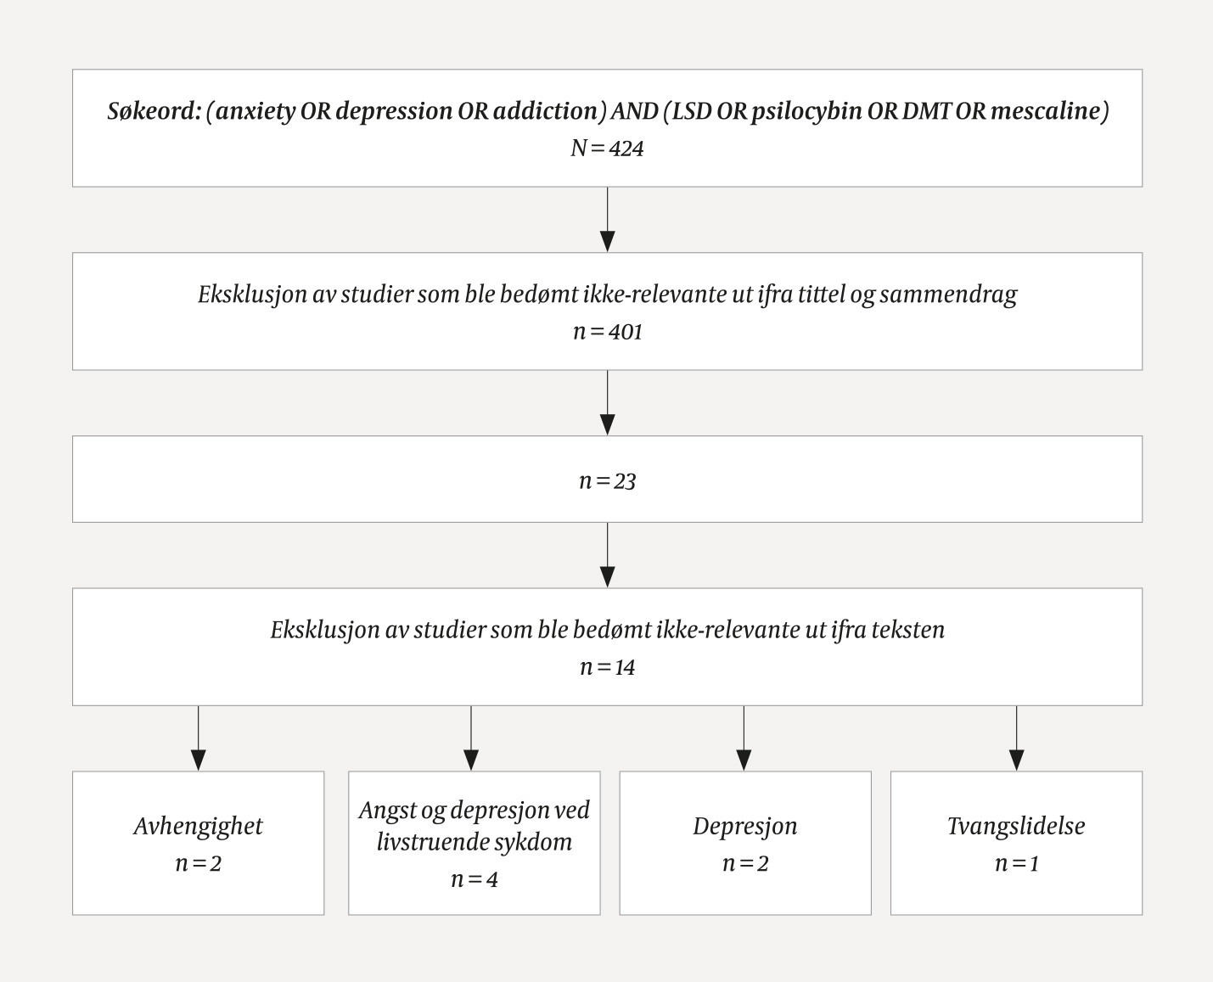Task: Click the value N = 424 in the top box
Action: [607, 149]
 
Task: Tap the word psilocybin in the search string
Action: [806, 112]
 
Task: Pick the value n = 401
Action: [607, 331]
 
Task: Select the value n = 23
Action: [607, 481]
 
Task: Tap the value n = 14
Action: [607, 667]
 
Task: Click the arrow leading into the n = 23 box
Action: [607, 404]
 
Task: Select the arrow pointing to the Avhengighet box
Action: [199, 738]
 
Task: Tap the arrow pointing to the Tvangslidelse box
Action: [1016, 738]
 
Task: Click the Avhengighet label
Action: [199, 826]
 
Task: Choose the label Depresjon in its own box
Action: [744, 826]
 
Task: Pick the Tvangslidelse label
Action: [1016, 826]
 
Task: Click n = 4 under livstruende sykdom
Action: [474, 879]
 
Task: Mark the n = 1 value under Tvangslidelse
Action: [1016, 863]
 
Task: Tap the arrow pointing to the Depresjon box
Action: [744, 738]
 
